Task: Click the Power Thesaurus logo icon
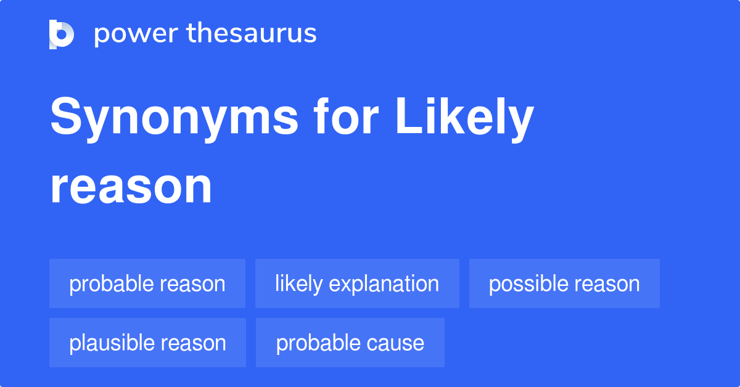pos(62,34)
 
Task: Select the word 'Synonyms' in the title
pos(174,119)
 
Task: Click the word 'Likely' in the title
pos(464,119)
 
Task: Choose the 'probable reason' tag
pos(147,283)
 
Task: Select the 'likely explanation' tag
pos(357,283)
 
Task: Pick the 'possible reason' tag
pos(564,283)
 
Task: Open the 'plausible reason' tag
pos(147,343)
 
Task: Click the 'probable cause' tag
pos(350,343)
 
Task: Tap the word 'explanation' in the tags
pos(384,283)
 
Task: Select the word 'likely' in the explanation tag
pos(299,284)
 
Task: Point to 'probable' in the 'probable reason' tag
pos(111,284)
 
